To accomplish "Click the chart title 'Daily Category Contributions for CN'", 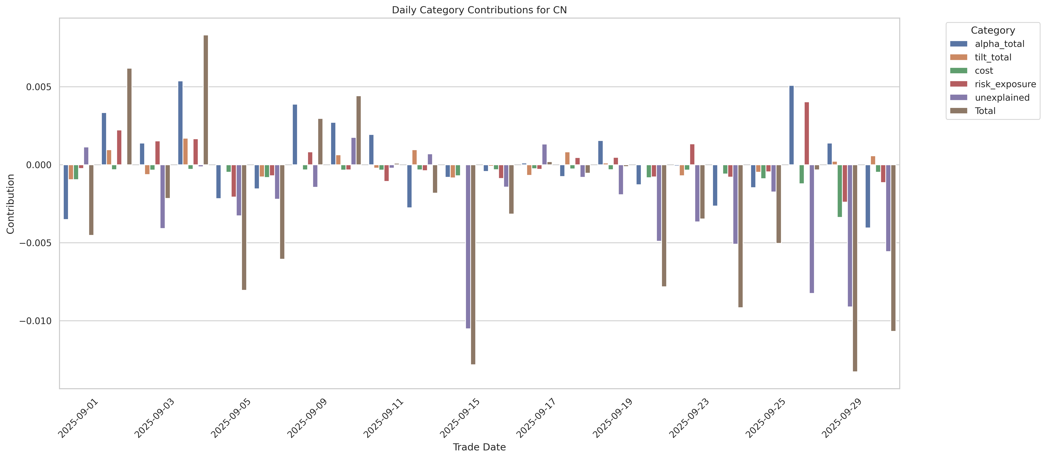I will (x=479, y=10).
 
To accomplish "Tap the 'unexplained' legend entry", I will (x=1002, y=98).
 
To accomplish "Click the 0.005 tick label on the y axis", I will (x=39, y=87).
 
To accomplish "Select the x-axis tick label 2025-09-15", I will (x=460, y=418).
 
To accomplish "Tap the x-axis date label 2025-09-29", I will (x=842, y=418).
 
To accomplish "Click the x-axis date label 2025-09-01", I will (x=78, y=418).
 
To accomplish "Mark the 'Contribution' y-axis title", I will (x=11, y=204).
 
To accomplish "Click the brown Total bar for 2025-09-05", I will (x=244, y=227).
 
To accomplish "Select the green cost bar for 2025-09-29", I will (x=840, y=191).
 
